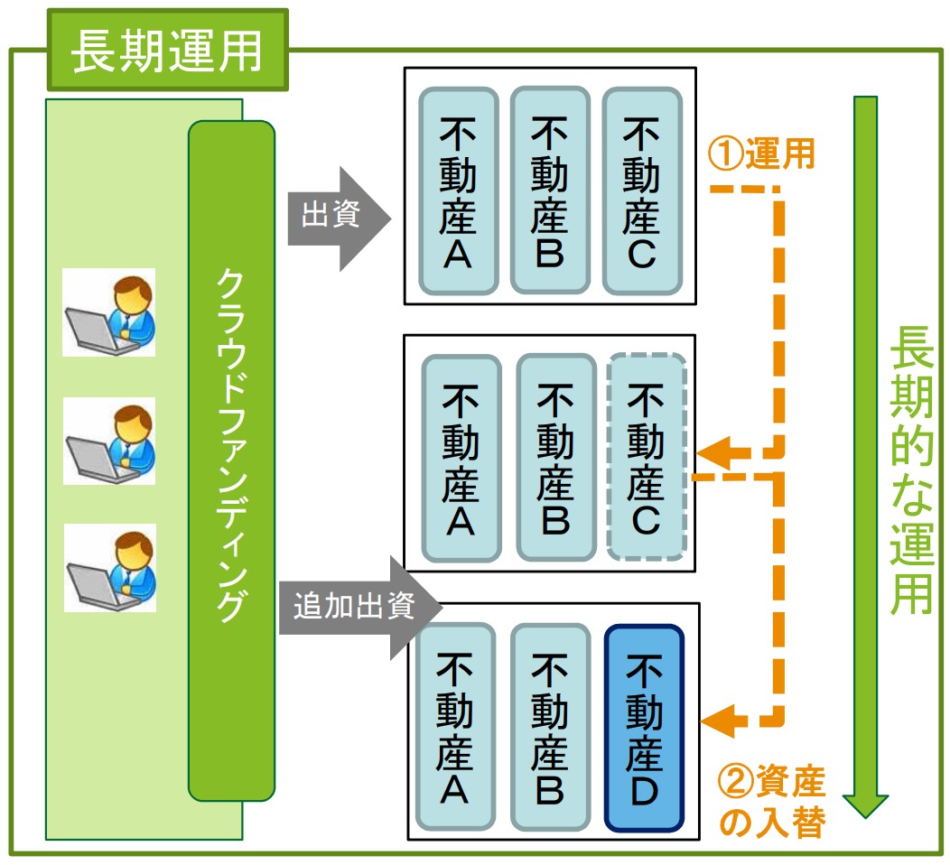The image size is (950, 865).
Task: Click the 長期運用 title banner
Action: pyautogui.click(x=168, y=50)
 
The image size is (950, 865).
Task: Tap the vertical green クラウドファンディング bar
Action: pyautogui.click(x=231, y=460)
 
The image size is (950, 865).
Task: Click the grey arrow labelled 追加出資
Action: pyautogui.click(x=360, y=608)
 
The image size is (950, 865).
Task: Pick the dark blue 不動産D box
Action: pyautogui.click(x=644, y=728)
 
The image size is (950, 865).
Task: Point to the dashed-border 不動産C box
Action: pyautogui.click(x=647, y=457)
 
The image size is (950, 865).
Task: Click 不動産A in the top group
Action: pyautogui.click(x=459, y=191)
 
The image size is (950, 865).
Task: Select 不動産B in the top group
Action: pyautogui.click(x=550, y=191)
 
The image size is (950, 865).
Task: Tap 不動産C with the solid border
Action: pyautogui.click(x=642, y=191)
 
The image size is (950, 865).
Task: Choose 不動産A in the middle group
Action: pyautogui.click(x=461, y=458)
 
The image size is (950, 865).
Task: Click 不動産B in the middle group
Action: pyautogui.click(x=556, y=458)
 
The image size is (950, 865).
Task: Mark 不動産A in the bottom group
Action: pyautogui.click(x=456, y=727)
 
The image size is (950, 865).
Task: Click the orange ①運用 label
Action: pyautogui.click(x=761, y=153)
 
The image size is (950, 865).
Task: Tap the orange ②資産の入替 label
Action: pyautogui.click(x=772, y=802)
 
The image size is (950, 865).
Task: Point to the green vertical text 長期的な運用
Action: pyautogui.click(x=910, y=470)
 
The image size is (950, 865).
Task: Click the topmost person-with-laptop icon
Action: pyautogui.click(x=109, y=312)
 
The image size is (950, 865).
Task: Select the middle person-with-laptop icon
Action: pyautogui.click(x=109, y=441)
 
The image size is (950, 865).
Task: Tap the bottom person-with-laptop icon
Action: pyautogui.click(x=110, y=568)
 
